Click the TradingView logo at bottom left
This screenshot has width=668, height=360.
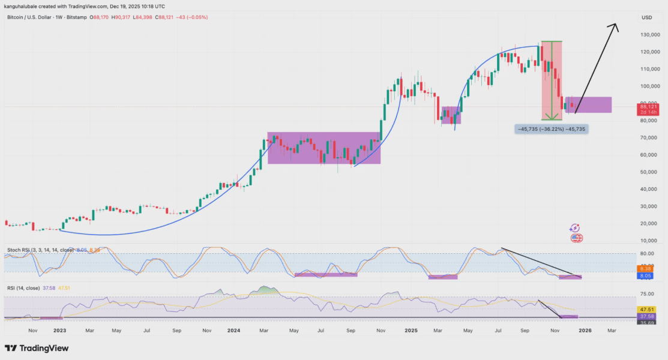click(37, 348)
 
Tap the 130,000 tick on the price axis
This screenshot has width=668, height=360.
click(648, 35)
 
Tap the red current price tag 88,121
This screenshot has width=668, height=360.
click(649, 107)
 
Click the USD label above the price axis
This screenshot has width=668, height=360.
click(647, 17)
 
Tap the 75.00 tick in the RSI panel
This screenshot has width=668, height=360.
click(646, 294)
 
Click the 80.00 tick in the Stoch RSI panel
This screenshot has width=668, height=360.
click(646, 253)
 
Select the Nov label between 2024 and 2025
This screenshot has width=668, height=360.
click(381, 330)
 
